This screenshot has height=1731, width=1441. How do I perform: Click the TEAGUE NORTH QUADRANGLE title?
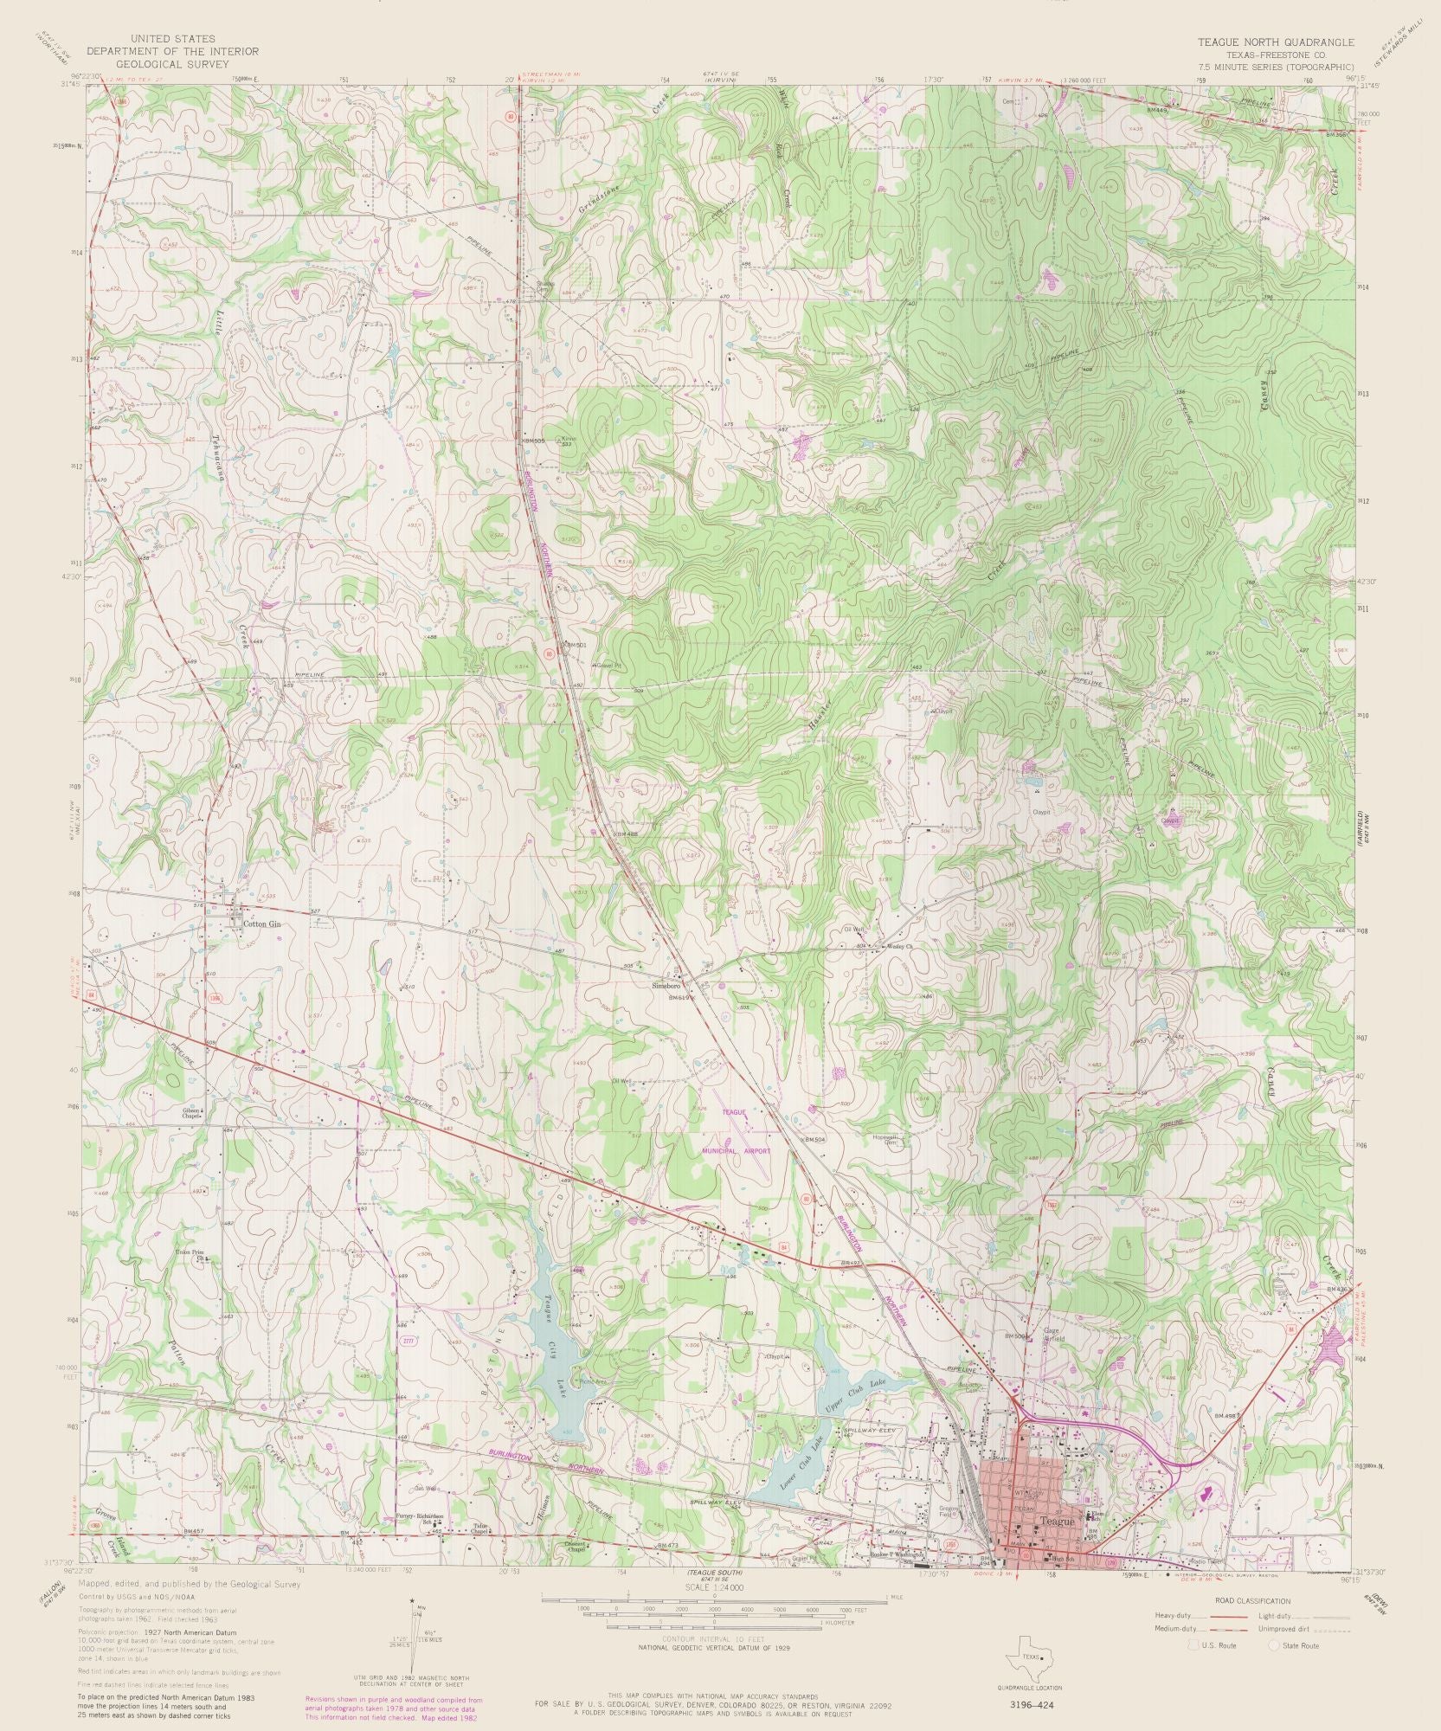(1276, 41)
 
